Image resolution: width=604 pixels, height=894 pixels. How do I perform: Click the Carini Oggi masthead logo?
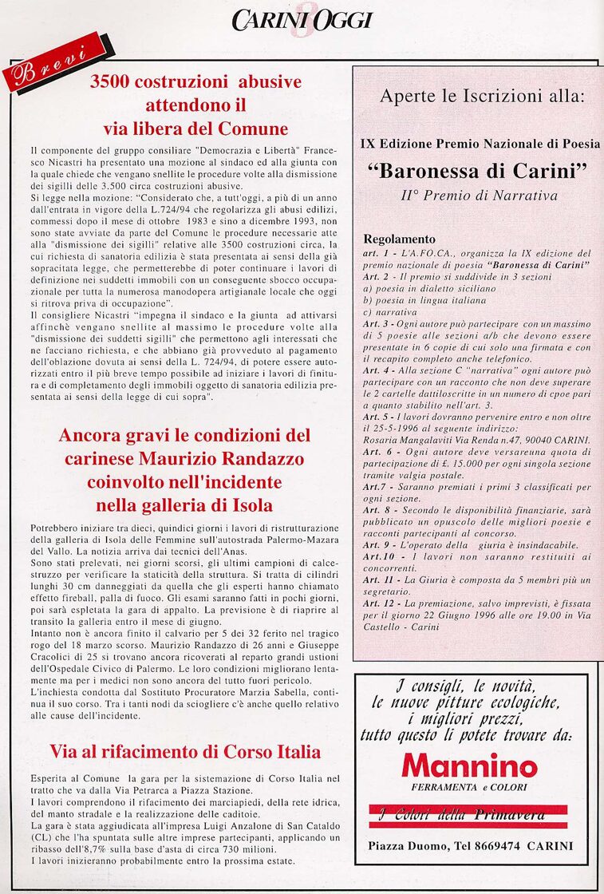point(302,20)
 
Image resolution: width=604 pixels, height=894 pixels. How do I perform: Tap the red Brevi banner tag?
point(54,63)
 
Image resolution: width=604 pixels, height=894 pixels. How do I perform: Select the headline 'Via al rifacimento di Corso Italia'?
point(185,751)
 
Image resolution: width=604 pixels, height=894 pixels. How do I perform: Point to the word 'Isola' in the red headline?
point(251,504)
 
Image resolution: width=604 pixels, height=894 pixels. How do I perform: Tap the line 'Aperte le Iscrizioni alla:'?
point(482,97)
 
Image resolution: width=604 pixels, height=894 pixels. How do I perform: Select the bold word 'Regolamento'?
point(400,239)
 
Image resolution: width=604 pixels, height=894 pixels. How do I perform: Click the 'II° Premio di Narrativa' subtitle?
point(479,194)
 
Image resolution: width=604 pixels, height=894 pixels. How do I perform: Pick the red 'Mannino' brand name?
point(469,767)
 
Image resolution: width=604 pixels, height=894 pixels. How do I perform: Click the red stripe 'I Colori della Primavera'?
point(468,815)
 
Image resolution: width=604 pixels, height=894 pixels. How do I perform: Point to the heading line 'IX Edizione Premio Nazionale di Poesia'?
point(480,144)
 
